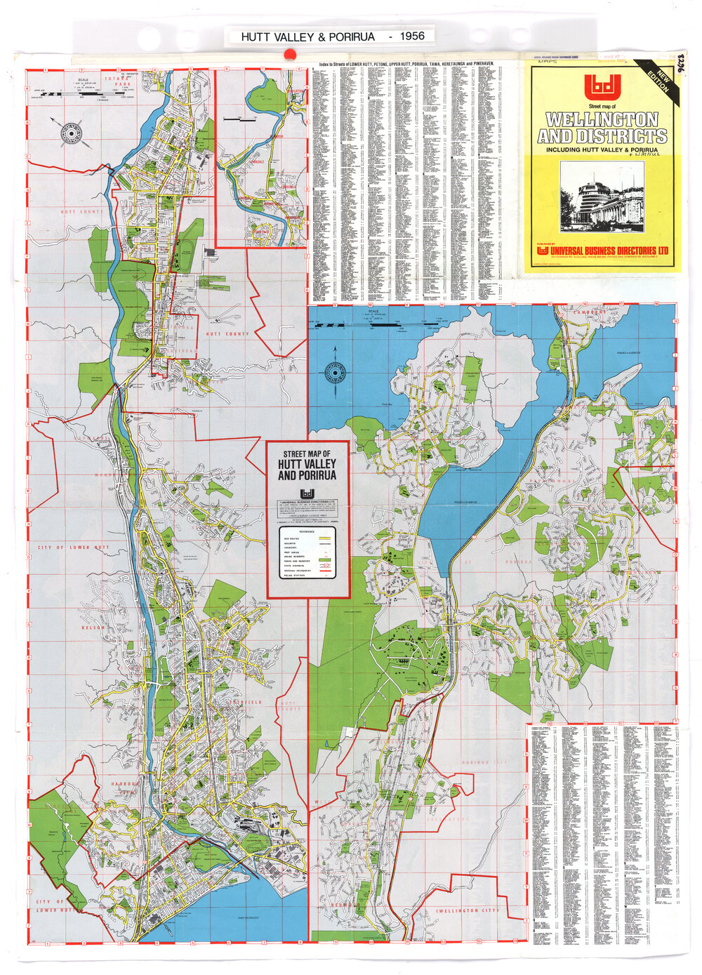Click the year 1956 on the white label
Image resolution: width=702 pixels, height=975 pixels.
[411, 36]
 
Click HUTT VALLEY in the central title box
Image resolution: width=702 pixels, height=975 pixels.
[307, 464]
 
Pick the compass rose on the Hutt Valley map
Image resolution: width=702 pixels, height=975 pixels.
[72, 132]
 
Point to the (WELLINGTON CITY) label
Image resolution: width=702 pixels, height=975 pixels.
[468, 910]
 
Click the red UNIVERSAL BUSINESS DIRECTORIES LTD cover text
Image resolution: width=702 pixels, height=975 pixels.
[608, 251]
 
